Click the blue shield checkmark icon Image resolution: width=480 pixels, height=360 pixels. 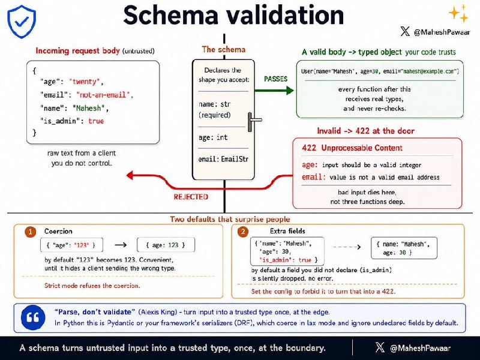[22, 22]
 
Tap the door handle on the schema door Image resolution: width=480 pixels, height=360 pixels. [254, 122]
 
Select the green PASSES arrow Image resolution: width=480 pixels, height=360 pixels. [274, 91]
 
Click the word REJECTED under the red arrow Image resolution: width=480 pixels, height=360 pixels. [191, 197]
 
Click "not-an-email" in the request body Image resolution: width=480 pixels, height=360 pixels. [103, 95]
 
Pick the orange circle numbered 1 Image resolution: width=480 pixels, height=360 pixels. [31, 232]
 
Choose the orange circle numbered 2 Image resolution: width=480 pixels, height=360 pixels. [243, 232]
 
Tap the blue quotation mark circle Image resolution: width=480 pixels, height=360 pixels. [33, 317]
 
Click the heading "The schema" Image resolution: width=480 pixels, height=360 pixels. [224, 50]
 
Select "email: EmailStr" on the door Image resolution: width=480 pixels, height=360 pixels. [223, 159]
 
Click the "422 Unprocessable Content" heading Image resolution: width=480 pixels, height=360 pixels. [352, 148]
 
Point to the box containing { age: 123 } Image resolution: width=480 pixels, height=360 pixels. [166, 245]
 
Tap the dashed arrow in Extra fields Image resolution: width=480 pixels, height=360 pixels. [347, 247]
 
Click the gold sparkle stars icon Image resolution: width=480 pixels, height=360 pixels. [458, 13]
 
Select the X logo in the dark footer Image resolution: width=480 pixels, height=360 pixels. [380, 347]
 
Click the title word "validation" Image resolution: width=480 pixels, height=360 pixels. [287, 15]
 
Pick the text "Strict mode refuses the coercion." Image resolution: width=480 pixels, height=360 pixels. [92, 286]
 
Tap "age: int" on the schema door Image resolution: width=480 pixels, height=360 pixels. [213, 137]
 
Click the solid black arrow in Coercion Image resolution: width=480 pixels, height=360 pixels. [121, 245]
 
